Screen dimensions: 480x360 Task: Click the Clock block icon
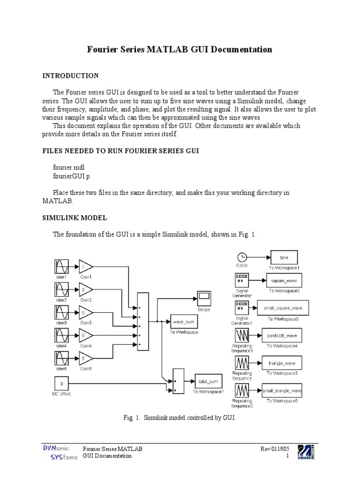tap(242, 257)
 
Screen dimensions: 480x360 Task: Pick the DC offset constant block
tap(62, 384)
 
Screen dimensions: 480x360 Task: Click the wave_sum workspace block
tap(184, 322)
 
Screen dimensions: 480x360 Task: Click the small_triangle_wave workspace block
tap(282, 390)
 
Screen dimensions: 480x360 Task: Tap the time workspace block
tap(284, 257)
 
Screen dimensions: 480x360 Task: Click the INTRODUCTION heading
tap(71, 75)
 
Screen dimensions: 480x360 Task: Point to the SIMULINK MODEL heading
tap(75, 218)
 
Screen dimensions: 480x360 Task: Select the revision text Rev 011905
tap(276, 449)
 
